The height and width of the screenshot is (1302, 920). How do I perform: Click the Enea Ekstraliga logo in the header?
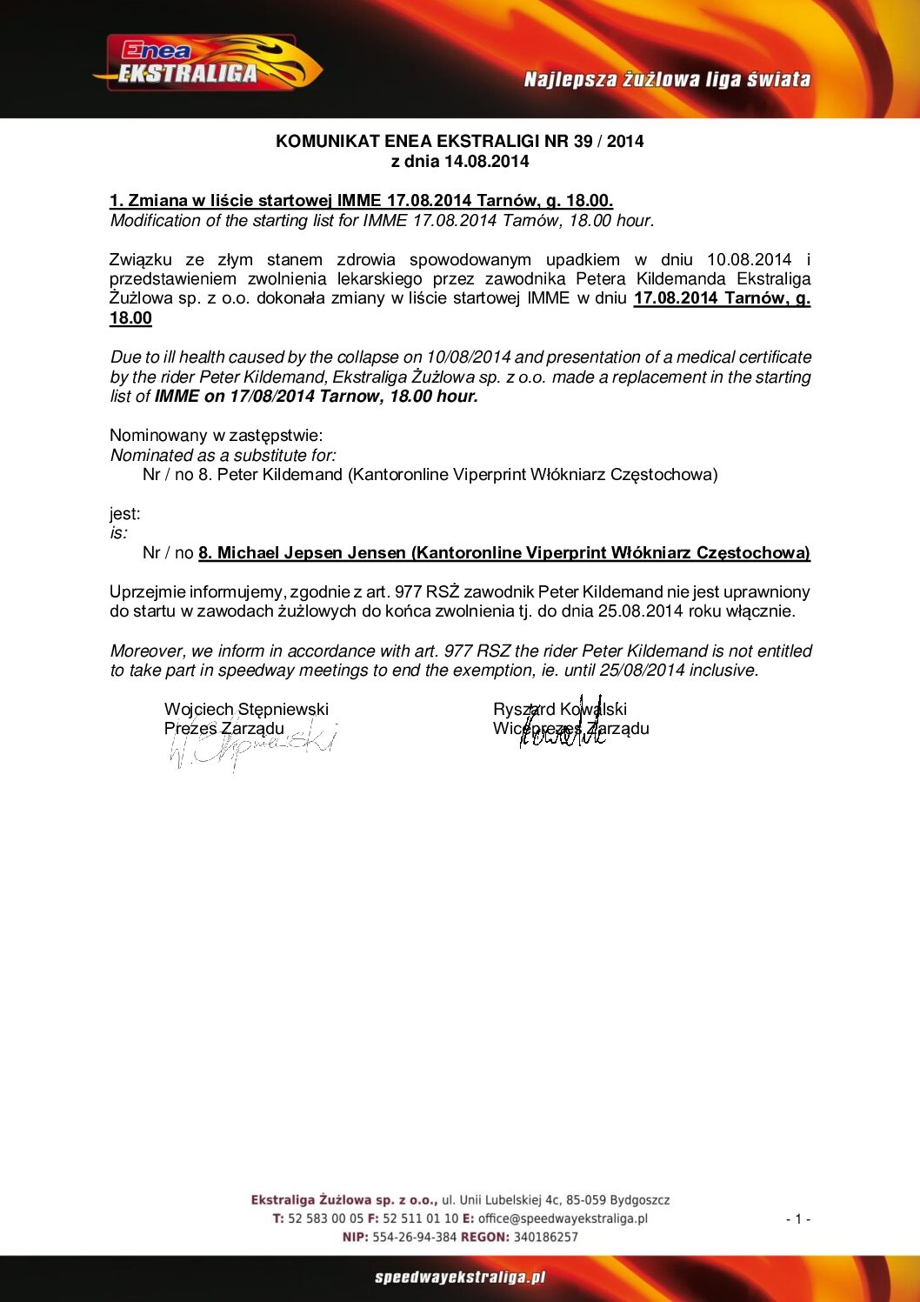tap(207, 63)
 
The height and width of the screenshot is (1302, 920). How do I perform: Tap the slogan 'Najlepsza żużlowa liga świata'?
tap(667, 80)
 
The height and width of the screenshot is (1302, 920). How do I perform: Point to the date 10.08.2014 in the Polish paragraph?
tap(749, 259)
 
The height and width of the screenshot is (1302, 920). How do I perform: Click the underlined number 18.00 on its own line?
tap(130, 317)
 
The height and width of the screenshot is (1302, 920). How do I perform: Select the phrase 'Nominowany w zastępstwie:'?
tap(216, 435)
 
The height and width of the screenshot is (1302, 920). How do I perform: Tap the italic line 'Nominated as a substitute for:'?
tap(223, 455)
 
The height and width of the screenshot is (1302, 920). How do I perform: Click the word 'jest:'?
tap(124, 513)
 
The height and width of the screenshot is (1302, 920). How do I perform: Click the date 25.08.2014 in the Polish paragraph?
tap(640, 611)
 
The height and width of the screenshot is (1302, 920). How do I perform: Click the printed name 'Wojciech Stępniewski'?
tap(246, 709)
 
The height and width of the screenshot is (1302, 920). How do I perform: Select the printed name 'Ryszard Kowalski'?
tap(559, 709)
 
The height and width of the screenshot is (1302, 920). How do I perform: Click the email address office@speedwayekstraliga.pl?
tap(563, 1219)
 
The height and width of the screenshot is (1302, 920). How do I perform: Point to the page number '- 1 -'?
tap(797, 1219)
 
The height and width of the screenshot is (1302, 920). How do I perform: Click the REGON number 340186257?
tap(545, 1237)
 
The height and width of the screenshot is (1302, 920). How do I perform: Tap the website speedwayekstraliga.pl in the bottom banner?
tap(460, 1277)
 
